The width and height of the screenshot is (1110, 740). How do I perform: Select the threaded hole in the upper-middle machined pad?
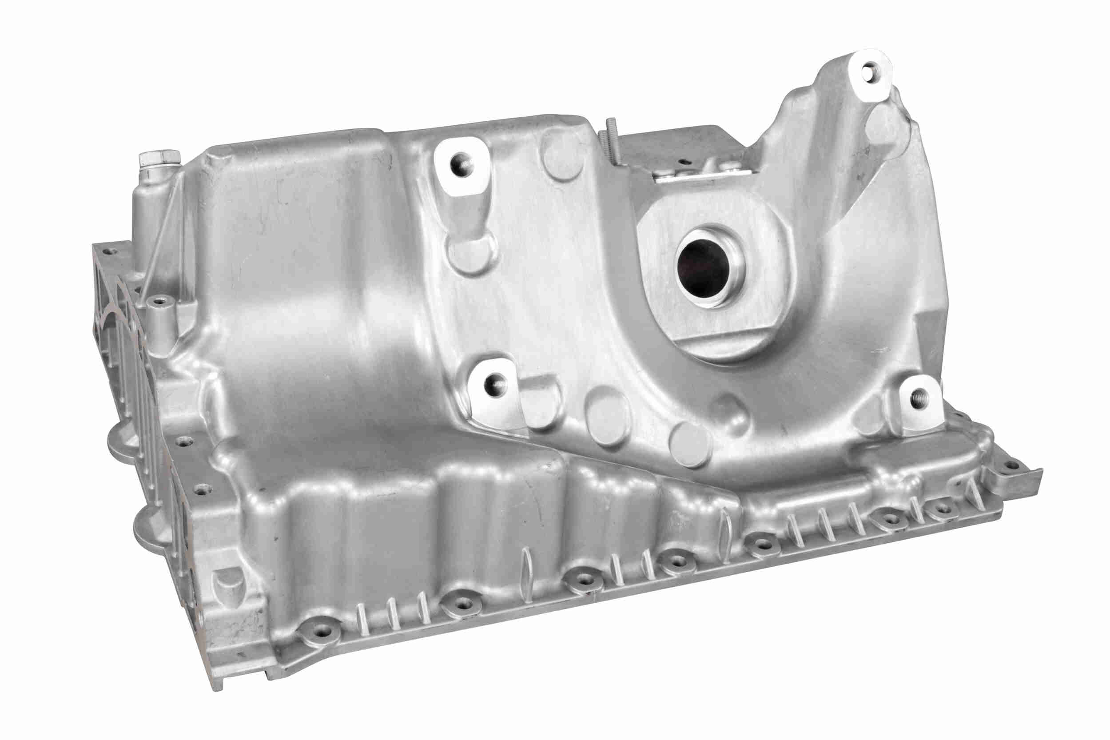click(460, 165)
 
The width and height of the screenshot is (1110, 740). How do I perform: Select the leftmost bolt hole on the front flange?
click(323, 633)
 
